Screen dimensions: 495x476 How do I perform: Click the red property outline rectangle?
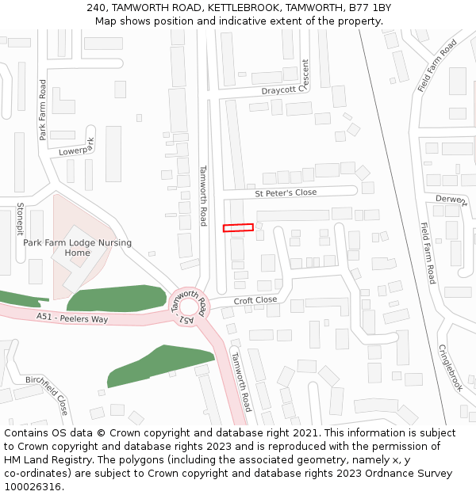pyautogui.click(x=238, y=228)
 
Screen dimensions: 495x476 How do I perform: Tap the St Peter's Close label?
pyautogui.click(x=285, y=193)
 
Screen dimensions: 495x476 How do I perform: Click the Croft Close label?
pyautogui.click(x=255, y=301)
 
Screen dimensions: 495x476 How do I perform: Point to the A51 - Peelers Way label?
pyautogui.click(x=71, y=318)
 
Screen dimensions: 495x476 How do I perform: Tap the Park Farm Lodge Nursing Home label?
pyautogui.click(x=77, y=248)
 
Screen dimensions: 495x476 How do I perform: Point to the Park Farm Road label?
pyautogui.click(x=43, y=110)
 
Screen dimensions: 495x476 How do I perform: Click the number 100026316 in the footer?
pyautogui.click(x=33, y=486)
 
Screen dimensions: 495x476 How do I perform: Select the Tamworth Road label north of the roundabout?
pyautogui.click(x=203, y=195)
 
